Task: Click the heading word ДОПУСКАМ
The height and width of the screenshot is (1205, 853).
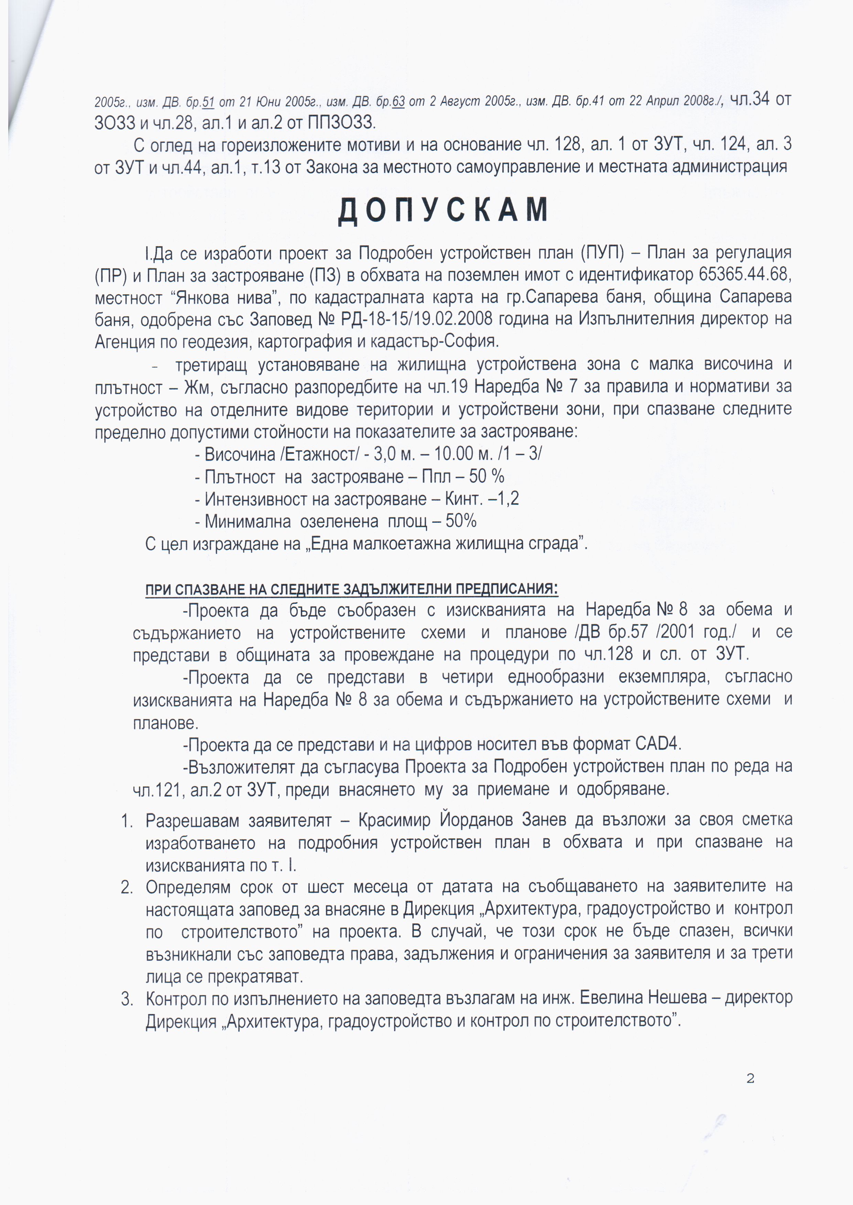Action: pyautogui.click(x=443, y=210)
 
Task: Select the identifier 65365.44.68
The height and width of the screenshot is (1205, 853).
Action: pyautogui.click(x=745, y=274)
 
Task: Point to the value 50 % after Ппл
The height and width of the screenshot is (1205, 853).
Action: pyautogui.click(x=486, y=476)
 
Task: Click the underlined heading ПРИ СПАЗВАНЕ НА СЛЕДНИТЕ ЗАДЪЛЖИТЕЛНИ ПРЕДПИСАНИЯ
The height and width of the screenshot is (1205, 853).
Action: pyautogui.click(x=351, y=589)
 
